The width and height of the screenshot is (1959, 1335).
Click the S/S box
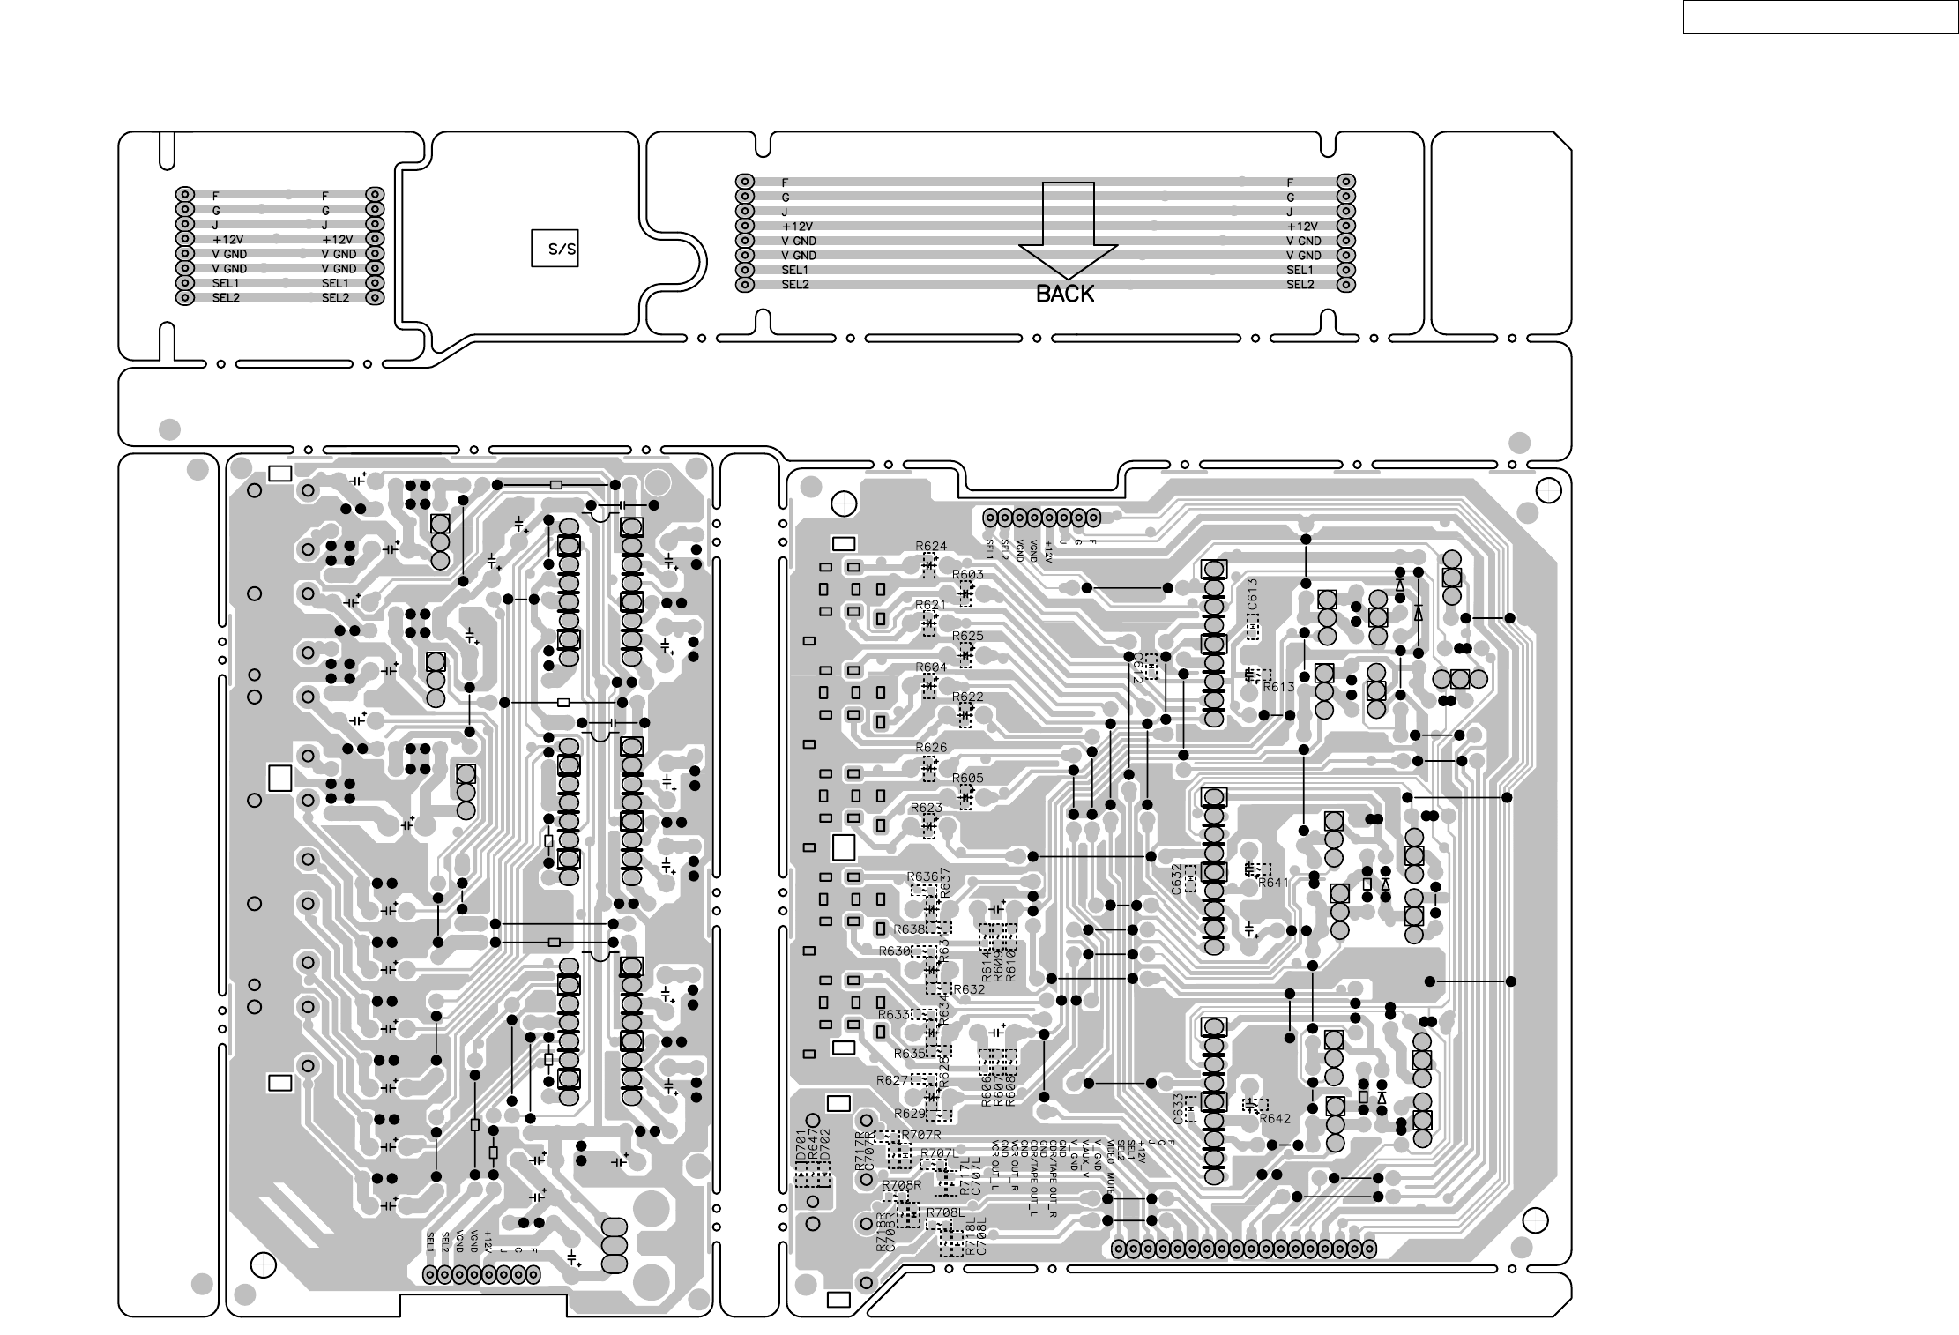pyautogui.click(x=555, y=249)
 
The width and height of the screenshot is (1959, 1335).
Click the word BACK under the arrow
pyautogui.click(x=1065, y=295)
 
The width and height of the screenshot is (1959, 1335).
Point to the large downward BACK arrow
pyautogui.click(x=1068, y=229)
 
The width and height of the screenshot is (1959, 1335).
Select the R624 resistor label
pyautogui.click(x=931, y=546)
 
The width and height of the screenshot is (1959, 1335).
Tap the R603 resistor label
pyautogui.click(x=968, y=575)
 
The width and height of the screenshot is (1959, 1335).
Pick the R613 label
pyautogui.click(x=1278, y=687)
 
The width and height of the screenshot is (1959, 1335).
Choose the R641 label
pyautogui.click(x=1274, y=882)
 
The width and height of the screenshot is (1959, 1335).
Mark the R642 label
pyautogui.click(x=1275, y=1118)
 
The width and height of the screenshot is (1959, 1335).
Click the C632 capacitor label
pyautogui.click(x=1177, y=879)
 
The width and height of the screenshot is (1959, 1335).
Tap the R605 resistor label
pyautogui.click(x=968, y=779)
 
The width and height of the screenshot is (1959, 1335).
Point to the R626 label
pyautogui.click(x=931, y=748)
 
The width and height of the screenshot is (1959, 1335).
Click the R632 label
pyautogui.click(x=969, y=989)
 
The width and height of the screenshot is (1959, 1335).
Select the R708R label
pyautogui.click(x=901, y=1185)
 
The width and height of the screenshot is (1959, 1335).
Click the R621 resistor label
pyautogui.click(x=930, y=605)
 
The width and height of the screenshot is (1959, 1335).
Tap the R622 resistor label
pyautogui.click(x=968, y=697)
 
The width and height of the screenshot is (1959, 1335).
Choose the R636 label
pyautogui.click(x=922, y=876)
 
